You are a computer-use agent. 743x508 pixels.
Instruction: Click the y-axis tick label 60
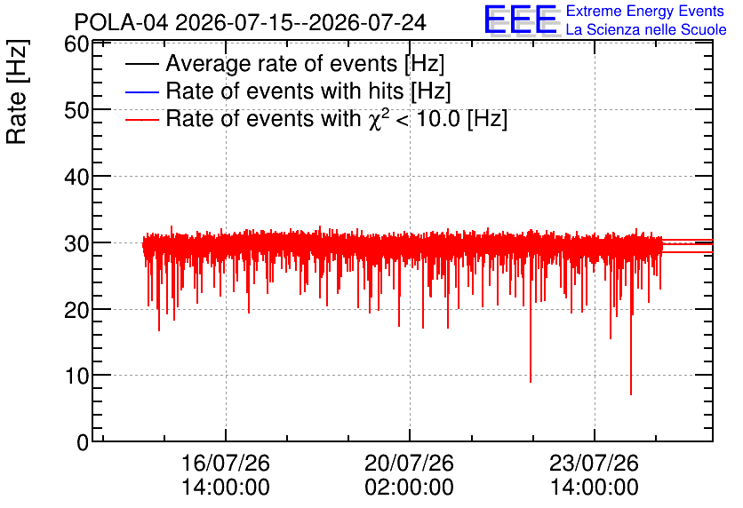point(76,44)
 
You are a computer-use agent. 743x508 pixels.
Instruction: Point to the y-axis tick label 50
point(76,110)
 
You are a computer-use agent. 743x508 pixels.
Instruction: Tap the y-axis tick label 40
point(76,178)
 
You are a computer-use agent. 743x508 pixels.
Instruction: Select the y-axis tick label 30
point(76,244)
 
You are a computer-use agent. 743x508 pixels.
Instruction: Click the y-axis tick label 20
point(76,311)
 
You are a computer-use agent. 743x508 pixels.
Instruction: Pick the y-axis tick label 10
point(76,377)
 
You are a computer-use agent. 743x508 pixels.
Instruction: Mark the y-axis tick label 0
point(83,442)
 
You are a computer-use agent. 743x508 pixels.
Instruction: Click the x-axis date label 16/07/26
point(226,463)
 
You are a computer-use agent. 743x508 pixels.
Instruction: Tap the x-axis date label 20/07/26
point(410,463)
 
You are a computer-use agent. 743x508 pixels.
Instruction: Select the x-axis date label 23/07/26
point(595,463)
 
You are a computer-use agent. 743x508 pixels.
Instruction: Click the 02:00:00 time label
point(410,488)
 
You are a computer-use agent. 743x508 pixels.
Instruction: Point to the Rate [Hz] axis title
point(17,91)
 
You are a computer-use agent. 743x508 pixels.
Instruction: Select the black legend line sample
point(141,64)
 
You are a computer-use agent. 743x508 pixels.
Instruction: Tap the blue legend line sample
point(141,91)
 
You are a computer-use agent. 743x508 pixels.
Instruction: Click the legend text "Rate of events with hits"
point(284,91)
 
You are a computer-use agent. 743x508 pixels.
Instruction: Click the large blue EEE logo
point(520,20)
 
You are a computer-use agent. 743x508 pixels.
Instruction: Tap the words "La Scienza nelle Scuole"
point(646,30)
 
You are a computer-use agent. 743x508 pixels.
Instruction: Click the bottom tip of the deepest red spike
point(631,395)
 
